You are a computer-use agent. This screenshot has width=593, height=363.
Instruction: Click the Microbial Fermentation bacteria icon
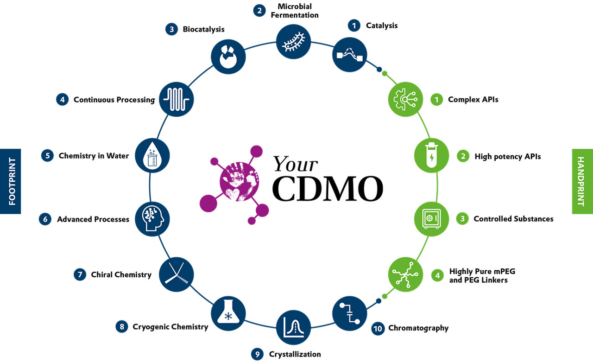[294, 42]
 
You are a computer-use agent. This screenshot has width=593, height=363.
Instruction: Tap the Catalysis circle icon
[350, 54]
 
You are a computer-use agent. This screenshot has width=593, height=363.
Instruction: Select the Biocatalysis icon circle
[228, 57]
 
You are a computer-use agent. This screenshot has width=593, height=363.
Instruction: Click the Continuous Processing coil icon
[177, 99]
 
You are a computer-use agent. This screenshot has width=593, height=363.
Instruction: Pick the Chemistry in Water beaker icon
[152, 155]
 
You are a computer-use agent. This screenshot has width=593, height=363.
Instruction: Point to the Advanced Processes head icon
[152, 218]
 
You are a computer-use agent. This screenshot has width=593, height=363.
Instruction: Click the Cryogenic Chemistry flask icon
[228, 313]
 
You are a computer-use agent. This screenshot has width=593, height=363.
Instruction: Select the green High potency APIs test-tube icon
[431, 155]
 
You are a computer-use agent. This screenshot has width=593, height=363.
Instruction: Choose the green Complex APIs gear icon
[405, 99]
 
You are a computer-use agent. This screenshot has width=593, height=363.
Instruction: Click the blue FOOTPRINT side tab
[11, 181]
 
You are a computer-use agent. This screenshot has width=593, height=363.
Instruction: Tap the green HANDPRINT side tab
[582, 181]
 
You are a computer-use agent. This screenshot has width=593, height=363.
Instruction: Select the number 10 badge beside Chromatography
[378, 329]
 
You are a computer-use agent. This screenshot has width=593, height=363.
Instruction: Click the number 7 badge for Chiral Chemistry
[80, 274]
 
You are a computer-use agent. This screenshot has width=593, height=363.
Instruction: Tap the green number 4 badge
[436, 275]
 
